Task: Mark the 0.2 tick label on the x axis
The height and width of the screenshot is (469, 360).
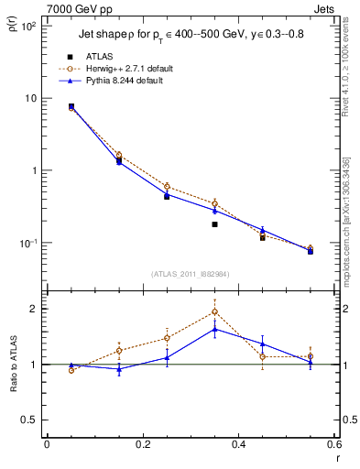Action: click(142, 446)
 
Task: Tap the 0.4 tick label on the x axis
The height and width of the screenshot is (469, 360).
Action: click(238, 446)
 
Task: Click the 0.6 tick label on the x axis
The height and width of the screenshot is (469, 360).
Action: click(333, 446)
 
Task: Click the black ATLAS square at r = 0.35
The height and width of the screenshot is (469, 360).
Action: click(214, 224)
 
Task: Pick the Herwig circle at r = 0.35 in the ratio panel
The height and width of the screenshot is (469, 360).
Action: click(214, 311)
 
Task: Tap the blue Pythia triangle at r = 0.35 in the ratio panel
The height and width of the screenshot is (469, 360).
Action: click(214, 329)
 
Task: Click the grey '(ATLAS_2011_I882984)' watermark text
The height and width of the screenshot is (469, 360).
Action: click(190, 273)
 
